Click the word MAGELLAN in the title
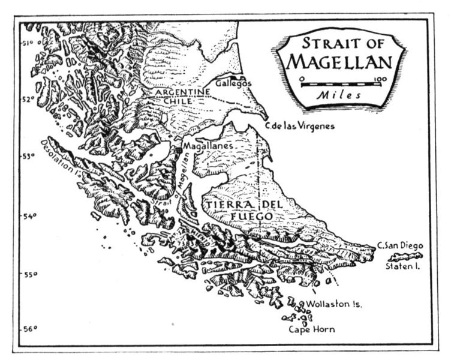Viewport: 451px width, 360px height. click(x=339, y=62)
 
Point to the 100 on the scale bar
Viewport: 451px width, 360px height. click(x=379, y=79)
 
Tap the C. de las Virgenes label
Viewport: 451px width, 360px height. click(x=299, y=126)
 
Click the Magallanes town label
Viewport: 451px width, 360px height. click(x=207, y=146)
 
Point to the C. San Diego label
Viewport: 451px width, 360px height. click(x=400, y=245)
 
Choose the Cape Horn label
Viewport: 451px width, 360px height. click(x=312, y=329)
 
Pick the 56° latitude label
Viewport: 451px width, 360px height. click(x=30, y=329)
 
